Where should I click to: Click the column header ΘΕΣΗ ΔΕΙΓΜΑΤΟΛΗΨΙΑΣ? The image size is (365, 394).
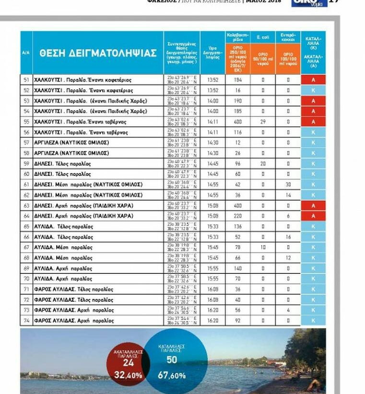tap(98, 53)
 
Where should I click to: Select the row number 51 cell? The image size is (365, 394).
tap(26, 80)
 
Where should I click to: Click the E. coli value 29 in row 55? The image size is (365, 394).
tap(263, 122)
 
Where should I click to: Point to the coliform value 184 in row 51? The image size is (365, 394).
tap(238, 80)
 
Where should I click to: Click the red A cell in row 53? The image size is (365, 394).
tap(313, 101)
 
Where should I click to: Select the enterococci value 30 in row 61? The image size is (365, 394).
tap(288, 185)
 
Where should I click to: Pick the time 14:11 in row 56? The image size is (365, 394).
tap(212, 132)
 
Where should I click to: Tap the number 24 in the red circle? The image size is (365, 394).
tap(129, 363)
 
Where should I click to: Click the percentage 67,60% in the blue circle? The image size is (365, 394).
tap(172, 375)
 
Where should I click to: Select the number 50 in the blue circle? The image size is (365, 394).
tap(172, 359)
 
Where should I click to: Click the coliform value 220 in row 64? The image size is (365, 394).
tap(238, 216)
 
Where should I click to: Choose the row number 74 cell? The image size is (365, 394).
tap(26, 320)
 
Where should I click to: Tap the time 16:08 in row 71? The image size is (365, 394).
tap(212, 289)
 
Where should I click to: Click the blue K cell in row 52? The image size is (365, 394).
tap(313, 90)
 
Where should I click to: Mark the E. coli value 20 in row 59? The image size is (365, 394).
tap(263, 163)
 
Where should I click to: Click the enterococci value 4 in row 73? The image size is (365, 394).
tap(288, 310)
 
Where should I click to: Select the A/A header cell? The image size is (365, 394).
tap(26, 53)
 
